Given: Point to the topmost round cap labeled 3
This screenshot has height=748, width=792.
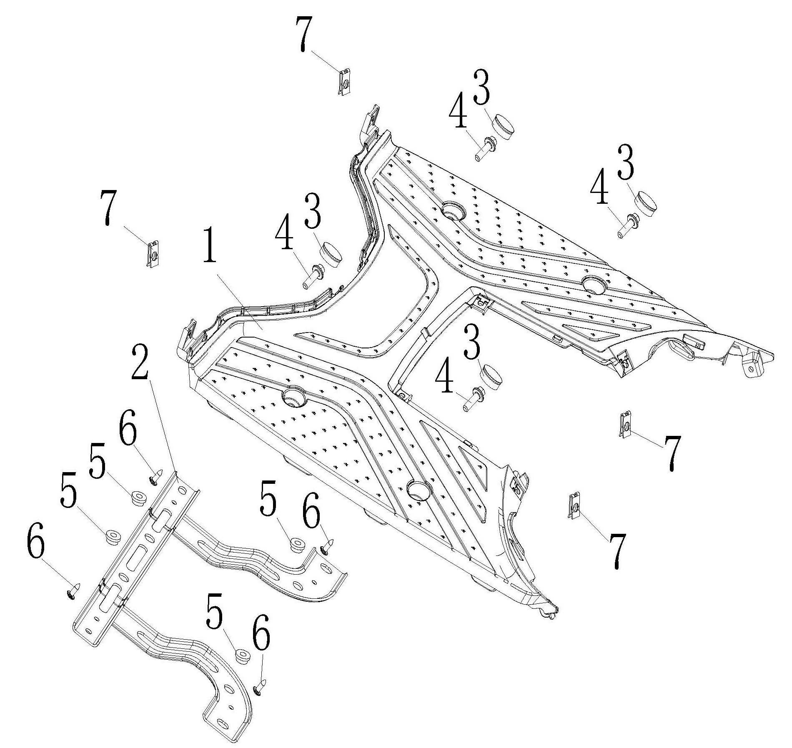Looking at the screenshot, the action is click(504, 125).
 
